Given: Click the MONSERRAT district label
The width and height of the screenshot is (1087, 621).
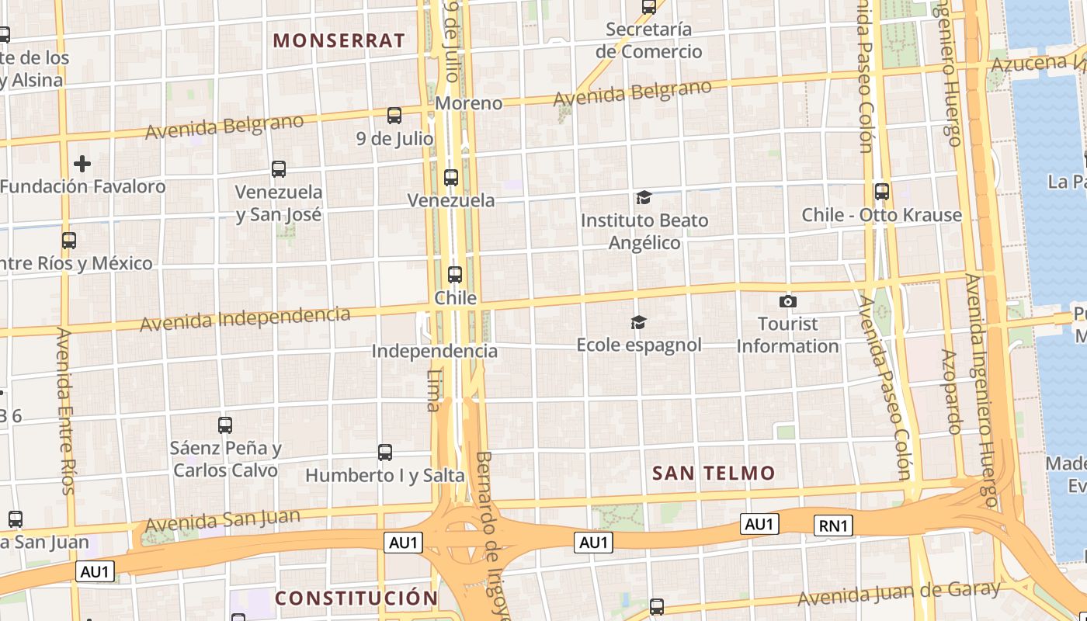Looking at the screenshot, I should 339,40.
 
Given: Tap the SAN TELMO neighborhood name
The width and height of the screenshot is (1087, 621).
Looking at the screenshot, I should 714,473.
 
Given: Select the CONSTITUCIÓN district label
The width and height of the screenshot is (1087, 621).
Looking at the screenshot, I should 356,598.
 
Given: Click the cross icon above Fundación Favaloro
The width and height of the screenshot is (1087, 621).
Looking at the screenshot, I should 82,164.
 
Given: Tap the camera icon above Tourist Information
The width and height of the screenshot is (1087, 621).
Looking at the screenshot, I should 788,301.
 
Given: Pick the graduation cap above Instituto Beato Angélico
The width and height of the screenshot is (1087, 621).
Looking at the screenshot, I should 644,198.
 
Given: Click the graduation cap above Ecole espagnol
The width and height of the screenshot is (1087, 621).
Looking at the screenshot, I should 638,322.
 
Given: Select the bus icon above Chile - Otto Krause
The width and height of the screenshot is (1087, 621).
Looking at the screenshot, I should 881,192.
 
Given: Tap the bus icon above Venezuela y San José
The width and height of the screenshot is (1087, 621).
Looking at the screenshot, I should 279,168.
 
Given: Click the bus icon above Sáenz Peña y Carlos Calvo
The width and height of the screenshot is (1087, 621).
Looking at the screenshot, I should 225,425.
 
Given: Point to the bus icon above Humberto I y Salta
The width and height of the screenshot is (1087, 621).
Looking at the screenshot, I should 384,453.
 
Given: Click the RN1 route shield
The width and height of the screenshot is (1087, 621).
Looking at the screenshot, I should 834,526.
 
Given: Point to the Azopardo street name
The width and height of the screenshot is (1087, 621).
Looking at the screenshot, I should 951,392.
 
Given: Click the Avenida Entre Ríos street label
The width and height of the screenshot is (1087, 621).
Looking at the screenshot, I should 67,411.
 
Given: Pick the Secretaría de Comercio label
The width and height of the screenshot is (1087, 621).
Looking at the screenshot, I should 649,40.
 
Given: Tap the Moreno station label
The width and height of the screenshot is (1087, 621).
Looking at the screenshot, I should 468,103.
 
